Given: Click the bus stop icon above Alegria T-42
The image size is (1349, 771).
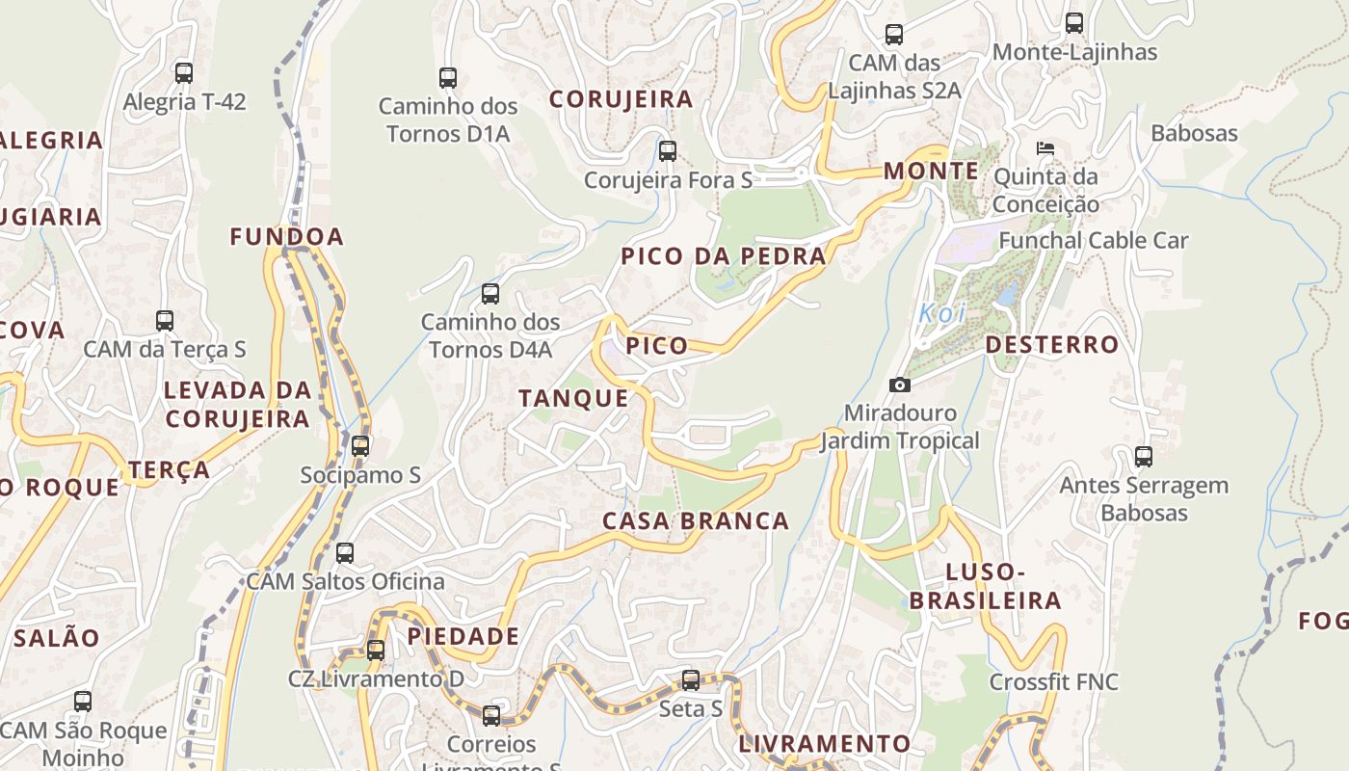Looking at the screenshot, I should [183, 72].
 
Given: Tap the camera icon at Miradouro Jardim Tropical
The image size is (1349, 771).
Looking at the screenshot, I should [899, 385].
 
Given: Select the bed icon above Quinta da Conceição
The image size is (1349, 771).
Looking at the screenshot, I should [1045, 147].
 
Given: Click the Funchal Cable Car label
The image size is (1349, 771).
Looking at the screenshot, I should [1094, 240].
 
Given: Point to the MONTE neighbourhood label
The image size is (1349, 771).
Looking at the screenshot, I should [931, 172].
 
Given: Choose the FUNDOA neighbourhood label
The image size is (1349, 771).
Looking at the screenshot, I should [286, 236].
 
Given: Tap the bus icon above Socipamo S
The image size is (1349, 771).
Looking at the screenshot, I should [360, 445].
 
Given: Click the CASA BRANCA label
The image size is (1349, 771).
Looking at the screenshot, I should [696, 521].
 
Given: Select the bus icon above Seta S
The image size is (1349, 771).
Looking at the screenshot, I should [690, 680].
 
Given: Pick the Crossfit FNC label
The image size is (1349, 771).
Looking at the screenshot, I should [1054, 682].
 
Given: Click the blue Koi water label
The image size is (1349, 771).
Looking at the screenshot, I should [941, 313].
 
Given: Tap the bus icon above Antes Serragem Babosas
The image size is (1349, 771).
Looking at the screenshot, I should [1144, 456].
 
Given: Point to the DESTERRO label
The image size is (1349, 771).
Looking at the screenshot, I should [1052, 345].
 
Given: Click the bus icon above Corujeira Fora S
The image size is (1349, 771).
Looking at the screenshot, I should [668, 150].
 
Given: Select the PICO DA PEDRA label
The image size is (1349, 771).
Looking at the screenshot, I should [724, 256].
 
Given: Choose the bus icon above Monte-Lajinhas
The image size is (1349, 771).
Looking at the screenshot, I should [1074, 22].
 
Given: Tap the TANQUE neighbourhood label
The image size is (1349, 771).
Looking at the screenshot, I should [573, 398].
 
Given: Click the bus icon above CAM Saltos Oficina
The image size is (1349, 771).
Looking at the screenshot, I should [345, 552].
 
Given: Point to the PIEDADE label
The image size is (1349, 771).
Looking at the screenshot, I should [463, 636].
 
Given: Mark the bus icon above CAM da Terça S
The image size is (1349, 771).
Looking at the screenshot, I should [165, 320].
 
